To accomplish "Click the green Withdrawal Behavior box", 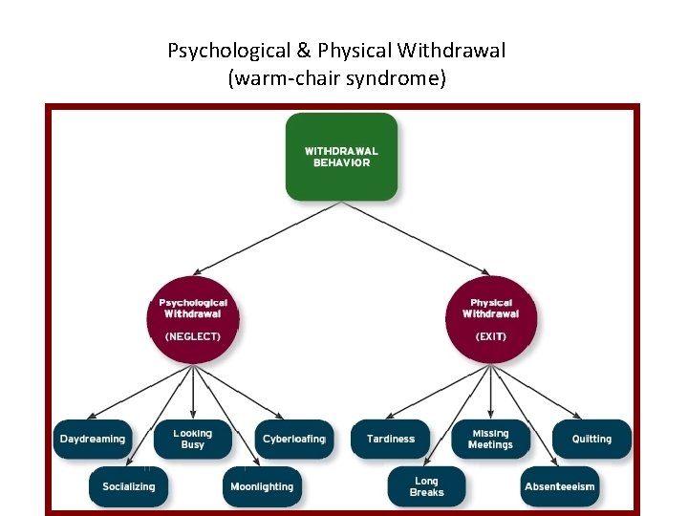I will pyautogui.click(x=341, y=157).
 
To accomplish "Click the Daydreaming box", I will pyautogui.click(x=93, y=440).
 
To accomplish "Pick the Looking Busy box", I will pyautogui.click(x=193, y=440).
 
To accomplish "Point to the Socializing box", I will pyautogui.click(x=129, y=486).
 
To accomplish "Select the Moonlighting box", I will pyautogui.click(x=262, y=486).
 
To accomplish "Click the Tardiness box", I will pyautogui.click(x=391, y=440).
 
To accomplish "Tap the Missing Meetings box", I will pyautogui.click(x=490, y=440).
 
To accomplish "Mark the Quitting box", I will pyautogui.click(x=591, y=440).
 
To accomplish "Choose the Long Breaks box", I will pyautogui.click(x=427, y=486).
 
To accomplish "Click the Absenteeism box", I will pyautogui.click(x=560, y=486).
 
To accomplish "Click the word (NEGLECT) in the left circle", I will pyautogui.click(x=193, y=336).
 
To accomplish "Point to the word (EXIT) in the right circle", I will pyautogui.click(x=490, y=336).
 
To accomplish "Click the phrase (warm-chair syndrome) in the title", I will pyautogui.click(x=336, y=78).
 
